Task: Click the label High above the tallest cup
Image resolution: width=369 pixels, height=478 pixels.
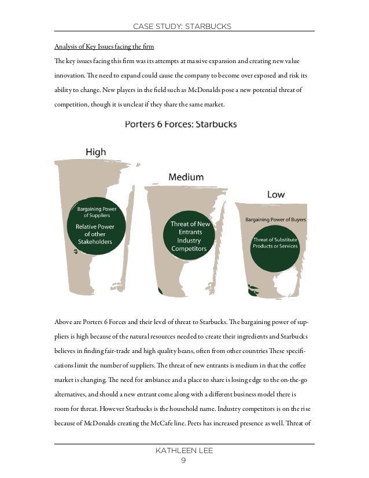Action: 95,152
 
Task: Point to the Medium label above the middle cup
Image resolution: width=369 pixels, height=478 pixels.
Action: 186,177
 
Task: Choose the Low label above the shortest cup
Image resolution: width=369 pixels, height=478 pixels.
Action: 275,194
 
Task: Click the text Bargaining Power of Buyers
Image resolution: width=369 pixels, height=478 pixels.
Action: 276,220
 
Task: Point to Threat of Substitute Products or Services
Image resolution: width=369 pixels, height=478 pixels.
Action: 275,242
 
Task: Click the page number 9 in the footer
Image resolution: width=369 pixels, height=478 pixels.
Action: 184,460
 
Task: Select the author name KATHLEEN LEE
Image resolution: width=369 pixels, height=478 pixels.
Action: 184,450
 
